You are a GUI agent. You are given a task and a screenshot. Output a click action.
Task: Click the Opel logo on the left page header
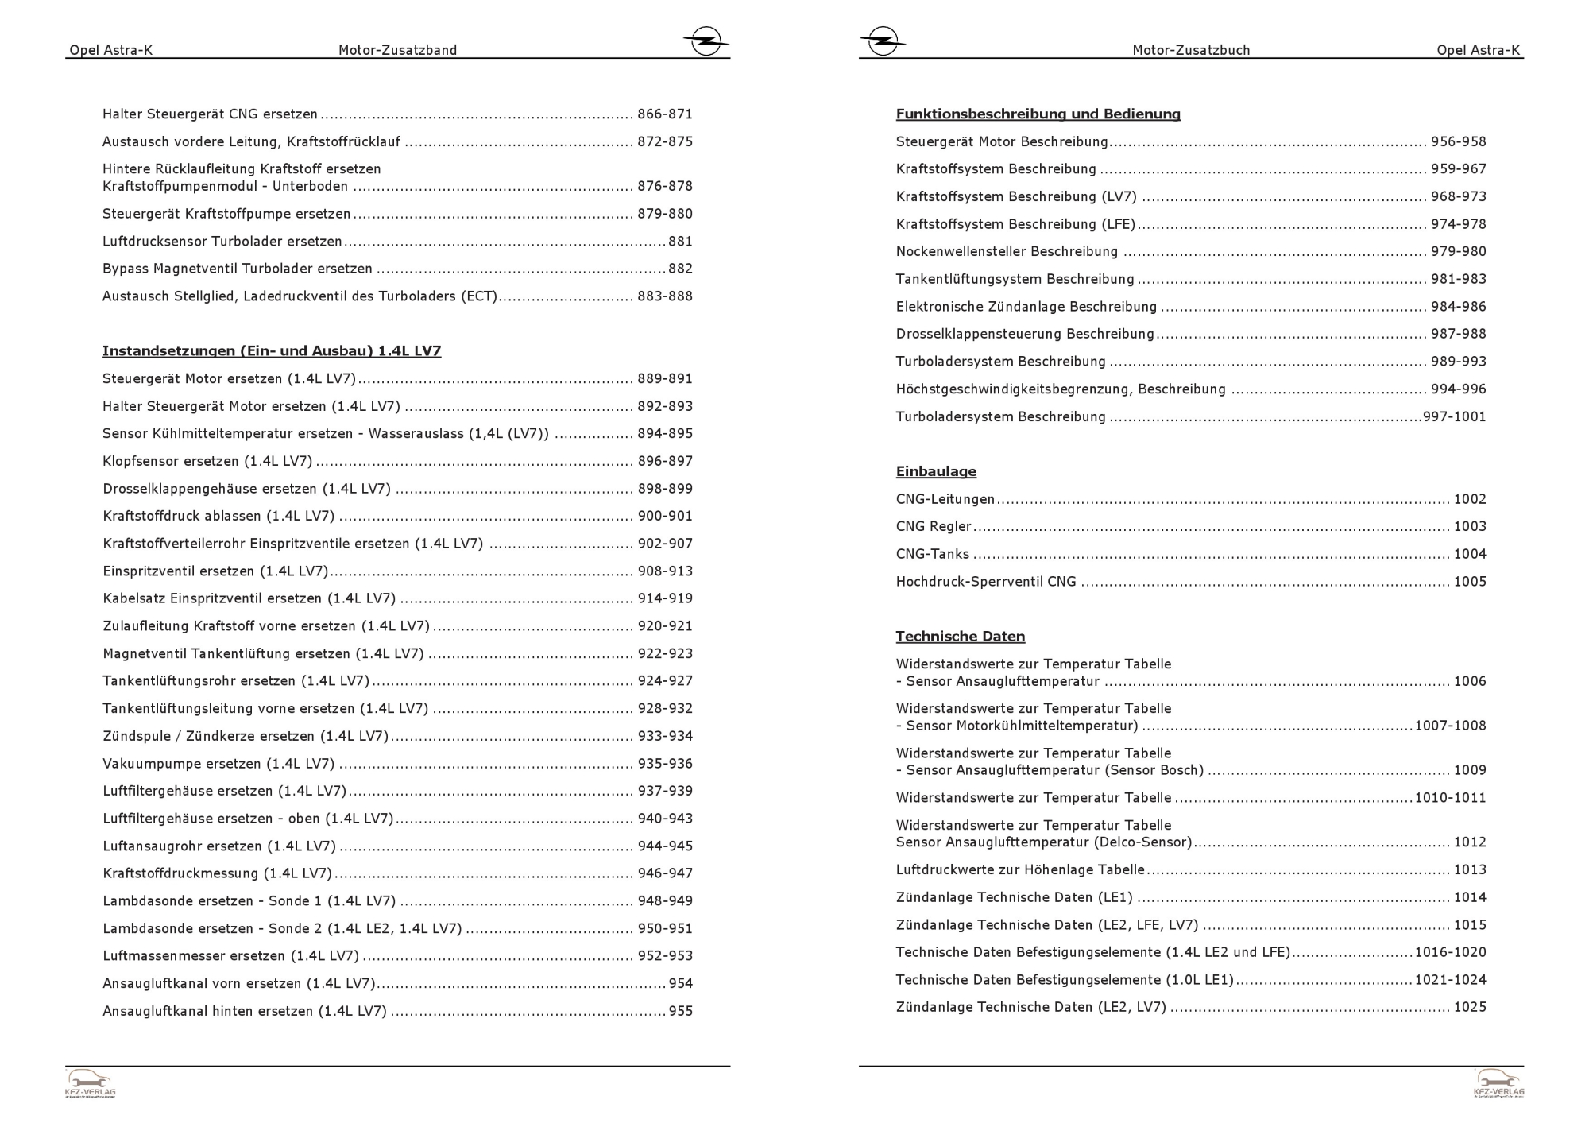point(706,41)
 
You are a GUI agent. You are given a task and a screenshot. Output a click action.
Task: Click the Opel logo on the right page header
point(882,41)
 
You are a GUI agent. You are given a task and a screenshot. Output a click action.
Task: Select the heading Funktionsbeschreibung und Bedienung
point(1038,114)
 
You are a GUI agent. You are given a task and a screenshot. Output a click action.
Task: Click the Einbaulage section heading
point(936,471)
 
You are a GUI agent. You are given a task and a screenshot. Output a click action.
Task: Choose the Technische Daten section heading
point(960,636)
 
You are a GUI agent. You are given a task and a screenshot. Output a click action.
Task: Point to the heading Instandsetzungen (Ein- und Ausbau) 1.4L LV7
point(272,350)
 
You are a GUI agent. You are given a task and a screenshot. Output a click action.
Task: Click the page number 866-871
point(665,114)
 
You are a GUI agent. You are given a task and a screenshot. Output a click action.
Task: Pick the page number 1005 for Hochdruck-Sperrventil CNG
point(1470,582)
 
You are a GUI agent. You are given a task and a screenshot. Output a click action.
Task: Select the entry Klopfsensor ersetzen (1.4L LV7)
point(207,461)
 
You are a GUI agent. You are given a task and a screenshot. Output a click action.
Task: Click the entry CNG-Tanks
point(932,554)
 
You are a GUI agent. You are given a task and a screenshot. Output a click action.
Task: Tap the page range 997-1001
point(1454,416)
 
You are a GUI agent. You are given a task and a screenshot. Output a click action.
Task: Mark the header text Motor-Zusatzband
point(397,50)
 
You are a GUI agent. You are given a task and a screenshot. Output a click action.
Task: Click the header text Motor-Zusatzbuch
point(1191,50)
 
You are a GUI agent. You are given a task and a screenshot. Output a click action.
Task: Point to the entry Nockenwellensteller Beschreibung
point(1007,251)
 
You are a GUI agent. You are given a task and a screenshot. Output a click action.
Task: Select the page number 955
point(681,1011)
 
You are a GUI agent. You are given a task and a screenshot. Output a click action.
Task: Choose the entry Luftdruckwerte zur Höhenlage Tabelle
point(1020,869)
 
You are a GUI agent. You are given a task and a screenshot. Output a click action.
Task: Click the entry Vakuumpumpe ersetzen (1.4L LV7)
point(218,764)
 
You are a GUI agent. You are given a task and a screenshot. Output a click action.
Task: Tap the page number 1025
point(1470,1007)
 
